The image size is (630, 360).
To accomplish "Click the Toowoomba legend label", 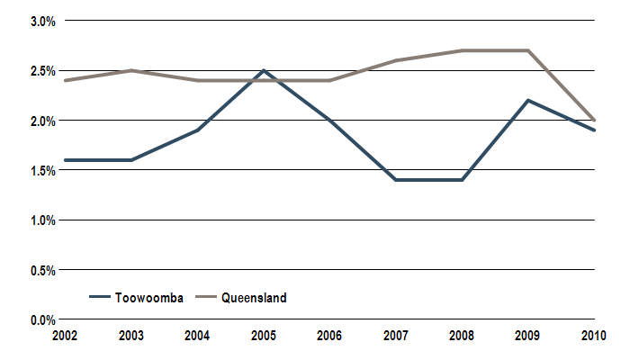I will (149, 298).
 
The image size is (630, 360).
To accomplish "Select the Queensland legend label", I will (254, 298).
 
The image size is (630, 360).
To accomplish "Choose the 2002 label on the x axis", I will (66, 336).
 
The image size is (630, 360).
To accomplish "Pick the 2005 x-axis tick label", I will (264, 336).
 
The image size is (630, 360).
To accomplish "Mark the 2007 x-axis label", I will (396, 336).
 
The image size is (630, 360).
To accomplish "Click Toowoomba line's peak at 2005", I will (264, 70).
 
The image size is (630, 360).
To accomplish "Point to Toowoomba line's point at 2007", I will (396, 180).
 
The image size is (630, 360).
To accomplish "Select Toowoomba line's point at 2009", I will (528, 100).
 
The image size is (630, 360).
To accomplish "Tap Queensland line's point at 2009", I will (528, 50).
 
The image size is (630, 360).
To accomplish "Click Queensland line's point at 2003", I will (132, 70).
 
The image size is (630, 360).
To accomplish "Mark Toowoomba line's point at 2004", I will (198, 130).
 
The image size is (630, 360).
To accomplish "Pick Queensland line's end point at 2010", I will (594, 120).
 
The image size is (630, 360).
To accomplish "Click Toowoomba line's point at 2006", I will (330, 120).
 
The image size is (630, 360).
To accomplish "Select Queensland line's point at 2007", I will (396, 60).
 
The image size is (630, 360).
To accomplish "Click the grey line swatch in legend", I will (204, 298).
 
